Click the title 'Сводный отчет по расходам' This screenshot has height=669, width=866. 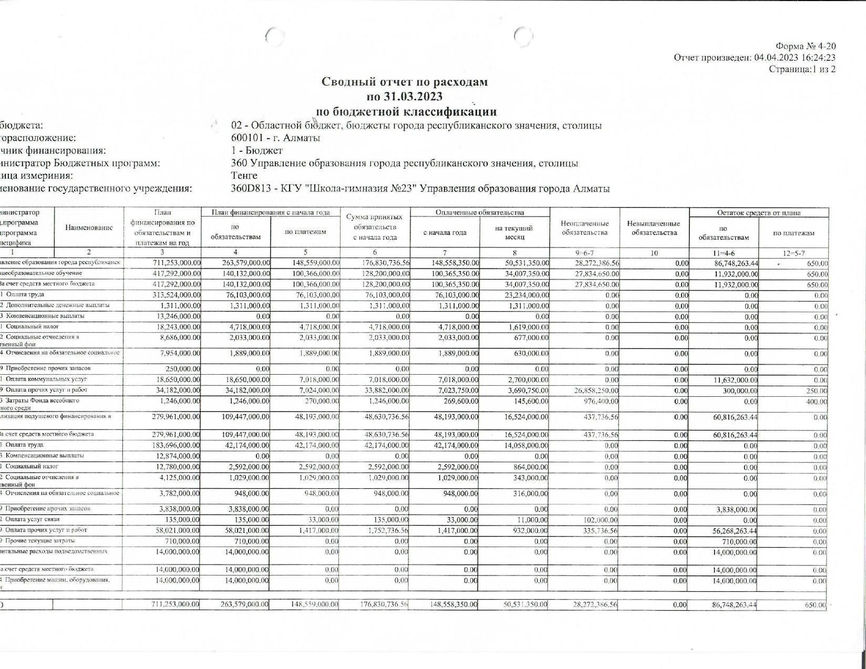click(x=405, y=82)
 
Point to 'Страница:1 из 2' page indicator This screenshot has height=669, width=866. click(x=802, y=69)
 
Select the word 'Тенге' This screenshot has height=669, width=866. click(x=244, y=176)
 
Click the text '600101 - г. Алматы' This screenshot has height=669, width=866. click(x=275, y=138)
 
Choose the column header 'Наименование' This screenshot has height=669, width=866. click(x=89, y=228)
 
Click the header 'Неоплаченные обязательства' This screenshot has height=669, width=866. click(x=584, y=228)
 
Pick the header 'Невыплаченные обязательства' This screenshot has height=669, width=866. click(x=654, y=228)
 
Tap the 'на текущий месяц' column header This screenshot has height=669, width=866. click(x=514, y=232)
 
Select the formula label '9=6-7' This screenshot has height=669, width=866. click(x=584, y=253)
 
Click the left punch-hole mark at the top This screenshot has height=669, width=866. click(x=274, y=36)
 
